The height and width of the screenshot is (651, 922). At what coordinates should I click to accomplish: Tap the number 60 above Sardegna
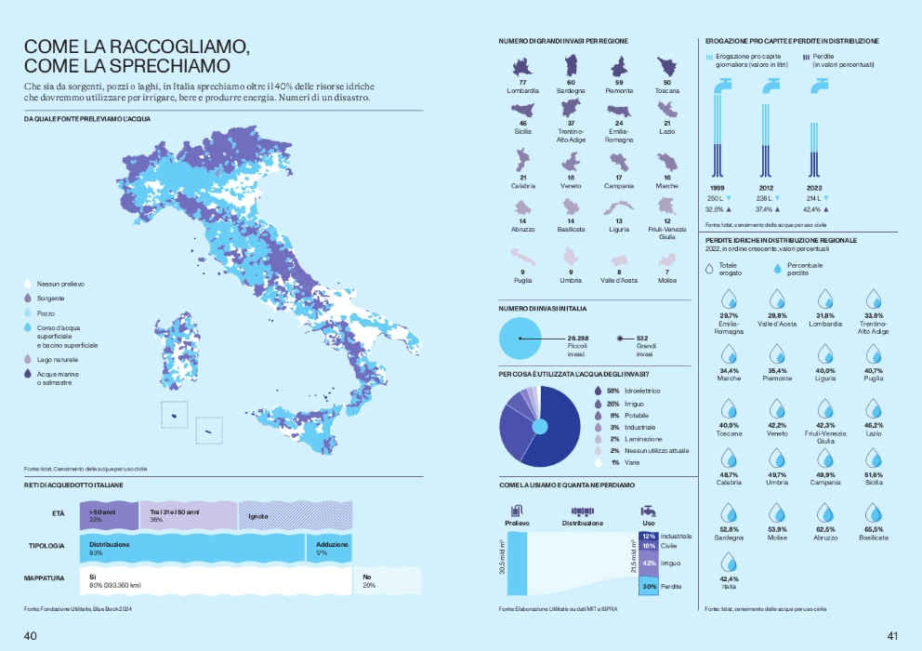click(571, 83)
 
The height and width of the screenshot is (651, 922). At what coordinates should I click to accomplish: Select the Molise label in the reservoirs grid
click(667, 279)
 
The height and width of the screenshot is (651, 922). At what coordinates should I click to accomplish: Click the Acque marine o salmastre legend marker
click(29, 374)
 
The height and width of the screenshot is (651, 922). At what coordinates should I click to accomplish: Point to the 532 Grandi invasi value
click(642, 338)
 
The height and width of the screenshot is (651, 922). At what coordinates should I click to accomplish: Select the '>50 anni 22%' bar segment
click(109, 514)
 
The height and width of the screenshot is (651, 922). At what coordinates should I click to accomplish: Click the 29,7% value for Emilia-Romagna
click(729, 316)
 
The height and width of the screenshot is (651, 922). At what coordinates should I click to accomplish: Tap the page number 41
click(892, 637)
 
